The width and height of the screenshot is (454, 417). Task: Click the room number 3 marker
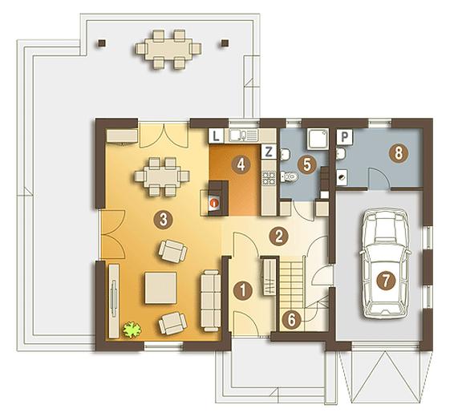click(164, 220)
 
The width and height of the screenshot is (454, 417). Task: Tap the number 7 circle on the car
click(385, 280)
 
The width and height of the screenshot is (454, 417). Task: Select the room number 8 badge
click(399, 153)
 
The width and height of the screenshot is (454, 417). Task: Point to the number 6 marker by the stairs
click(291, 320)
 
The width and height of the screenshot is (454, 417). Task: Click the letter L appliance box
click(216, 136)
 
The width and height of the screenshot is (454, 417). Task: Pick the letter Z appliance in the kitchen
click(269, 152)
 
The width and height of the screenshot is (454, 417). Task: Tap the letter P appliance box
click(345, 136)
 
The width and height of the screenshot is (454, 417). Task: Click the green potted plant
click(132, 330)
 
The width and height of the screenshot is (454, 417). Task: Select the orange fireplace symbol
click(214, 203)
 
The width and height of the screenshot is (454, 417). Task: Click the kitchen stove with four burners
click(269, 178)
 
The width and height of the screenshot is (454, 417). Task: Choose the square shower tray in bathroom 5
click(318, 139)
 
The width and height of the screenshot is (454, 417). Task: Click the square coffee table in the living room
click(160, 288)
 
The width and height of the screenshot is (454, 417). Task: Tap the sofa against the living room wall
click(211, 301)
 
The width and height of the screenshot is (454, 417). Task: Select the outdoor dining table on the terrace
click(168, 49)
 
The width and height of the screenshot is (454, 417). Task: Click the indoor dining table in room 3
click(162, 176)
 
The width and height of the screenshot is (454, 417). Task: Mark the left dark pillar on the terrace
click(101, 43)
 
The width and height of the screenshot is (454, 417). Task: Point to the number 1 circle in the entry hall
click(243, 290)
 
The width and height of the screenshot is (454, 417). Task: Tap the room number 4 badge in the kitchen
click(241, 165)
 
